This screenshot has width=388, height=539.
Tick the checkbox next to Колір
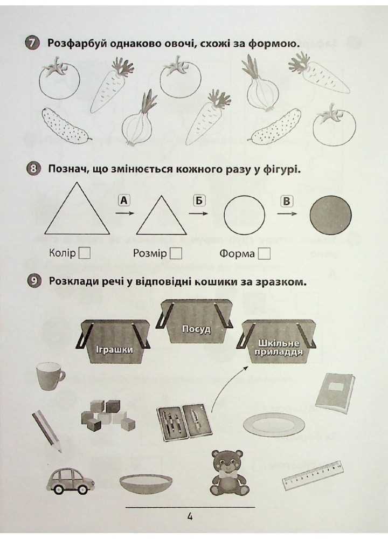tap(85, 254)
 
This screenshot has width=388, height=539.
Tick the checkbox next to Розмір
tap(176, 254)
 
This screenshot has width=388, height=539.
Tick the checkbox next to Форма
tap(264, 254)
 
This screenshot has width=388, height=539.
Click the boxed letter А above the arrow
tap(124, 200)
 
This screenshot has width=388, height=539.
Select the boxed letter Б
tap(199, 200)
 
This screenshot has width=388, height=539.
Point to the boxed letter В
tap(286, 201)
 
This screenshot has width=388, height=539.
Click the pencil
tap(47, 431)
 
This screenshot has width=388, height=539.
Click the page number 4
tap(190, 517)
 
